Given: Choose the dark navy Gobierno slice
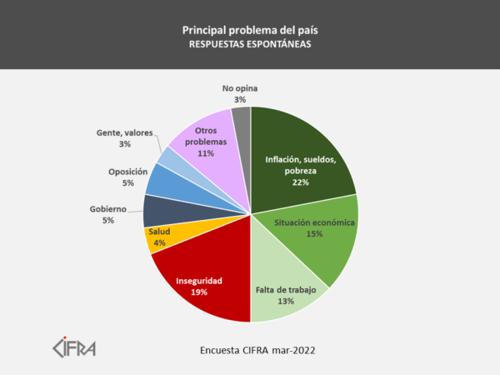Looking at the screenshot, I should (x=156, y=211).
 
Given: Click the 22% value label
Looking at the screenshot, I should (x=300, y=183).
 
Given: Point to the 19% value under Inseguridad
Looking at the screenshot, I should (x=199, y=292).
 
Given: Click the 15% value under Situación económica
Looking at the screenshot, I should (x=316, y=235).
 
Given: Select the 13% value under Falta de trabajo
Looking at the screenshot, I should (x=286, y=302).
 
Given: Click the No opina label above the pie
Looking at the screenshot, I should (x=241, y=87).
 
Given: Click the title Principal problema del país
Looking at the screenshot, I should (x=250, y=30).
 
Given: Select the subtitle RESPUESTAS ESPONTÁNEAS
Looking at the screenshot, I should (x=250, y=45).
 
